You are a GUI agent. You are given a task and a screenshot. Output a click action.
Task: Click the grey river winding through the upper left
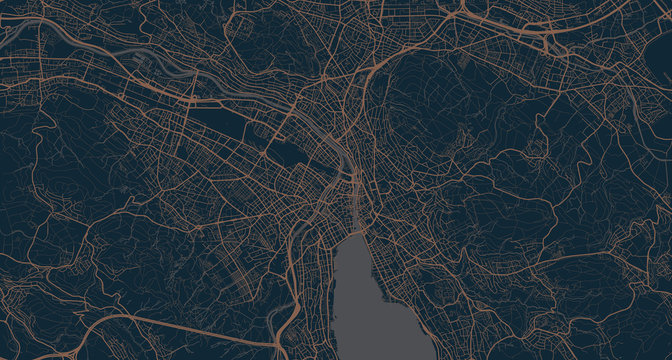click(150, 60)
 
